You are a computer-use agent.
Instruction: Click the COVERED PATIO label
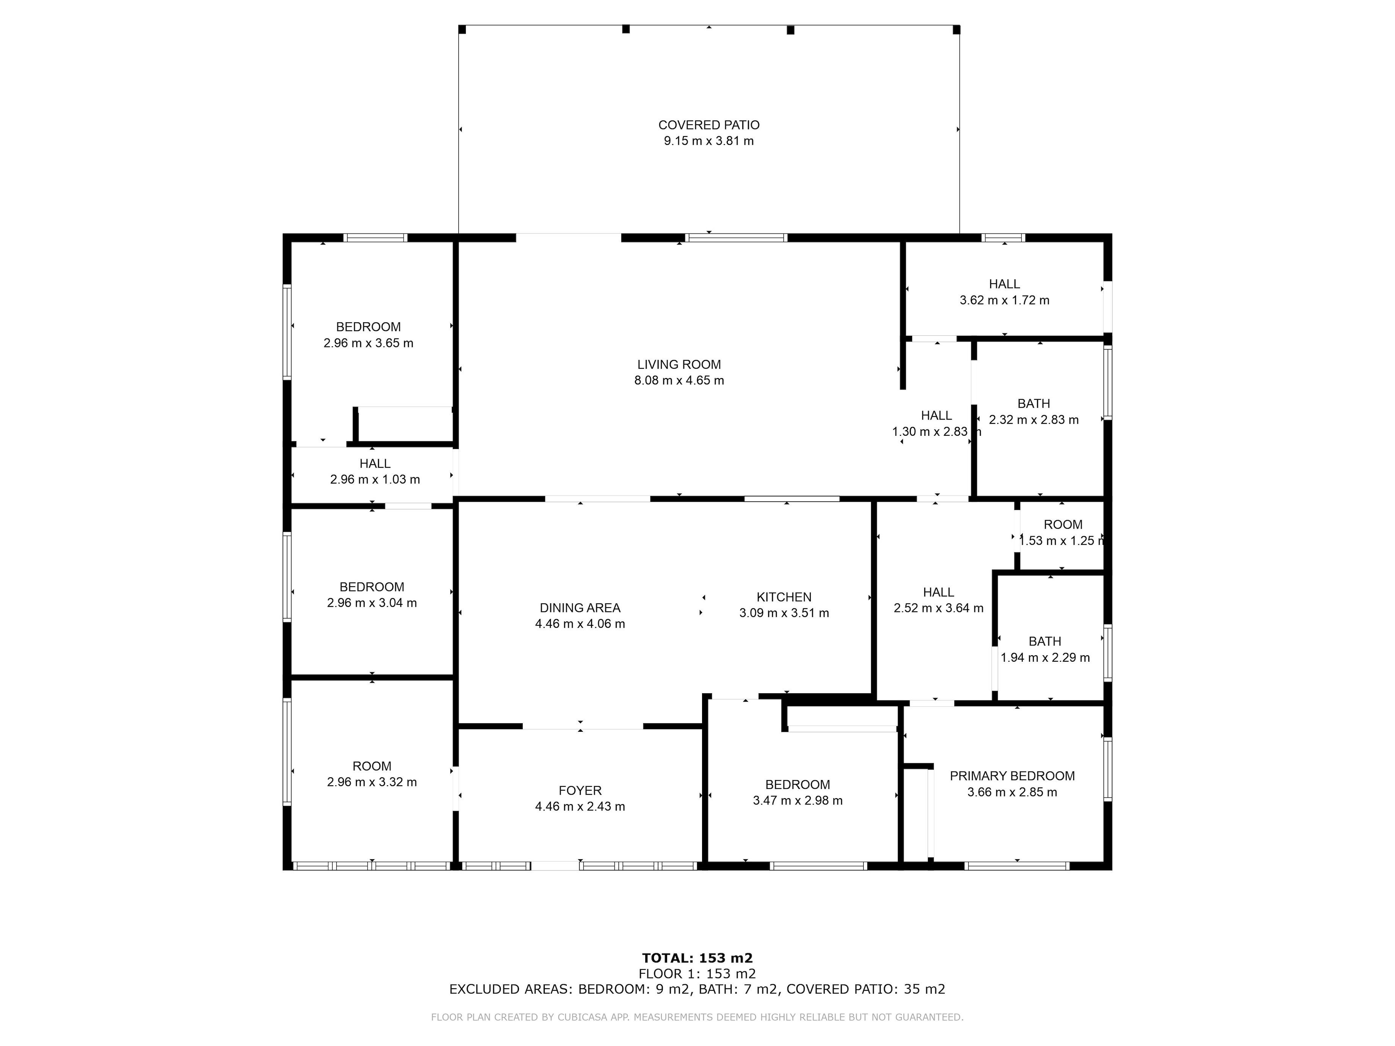click(x=709, y=125)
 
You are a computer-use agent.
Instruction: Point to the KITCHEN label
click(x=784, y=597)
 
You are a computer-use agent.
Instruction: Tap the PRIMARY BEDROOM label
click(x=1012, y=776)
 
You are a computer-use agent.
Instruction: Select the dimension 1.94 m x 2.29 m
click(x=1045, y=658)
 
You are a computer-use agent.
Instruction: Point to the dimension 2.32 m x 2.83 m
click(x=1034, y=420)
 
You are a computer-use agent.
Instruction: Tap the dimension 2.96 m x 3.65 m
click(x=368, y=343)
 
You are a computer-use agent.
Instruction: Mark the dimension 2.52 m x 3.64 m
click(x=939, y=608)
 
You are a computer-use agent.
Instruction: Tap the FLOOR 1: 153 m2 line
click(x=697, y=974)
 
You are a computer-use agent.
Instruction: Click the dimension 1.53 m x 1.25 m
click(x=1062, y=541)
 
